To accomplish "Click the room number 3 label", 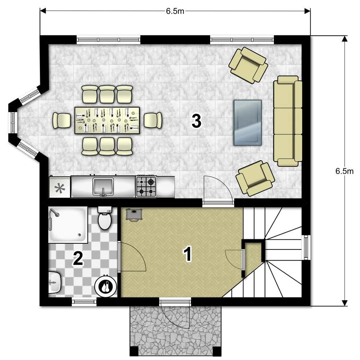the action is pos(197,121).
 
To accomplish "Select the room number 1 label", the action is pos(188,254).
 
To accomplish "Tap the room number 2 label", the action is pos(78,258).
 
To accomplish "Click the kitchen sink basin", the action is pos(103,187).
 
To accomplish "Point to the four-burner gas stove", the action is pos(146,186).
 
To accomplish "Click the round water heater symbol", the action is pos(106,287).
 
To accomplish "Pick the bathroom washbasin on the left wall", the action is pos(55,282).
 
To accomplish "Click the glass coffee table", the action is pos(248,123).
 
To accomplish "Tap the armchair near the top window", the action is pos(248,66).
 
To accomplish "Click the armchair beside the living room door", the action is pos(255,178).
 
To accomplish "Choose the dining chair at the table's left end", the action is pos(62,120).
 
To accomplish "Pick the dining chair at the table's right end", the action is pos(153,120).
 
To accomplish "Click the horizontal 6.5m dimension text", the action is pos(175,11).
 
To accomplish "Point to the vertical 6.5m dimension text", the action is pos(345,171).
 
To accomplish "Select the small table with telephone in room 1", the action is pos(134,215).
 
